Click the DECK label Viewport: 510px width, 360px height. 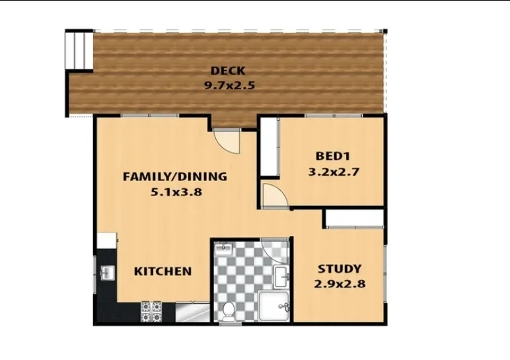(x=228, y=71)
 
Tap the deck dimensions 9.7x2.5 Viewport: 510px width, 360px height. (x=229, y=85)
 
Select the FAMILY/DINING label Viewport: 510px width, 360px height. (x=175, y=176)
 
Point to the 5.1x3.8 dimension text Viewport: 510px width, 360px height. (x=176, y=192)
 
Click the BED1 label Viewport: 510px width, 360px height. (x=333, y=156)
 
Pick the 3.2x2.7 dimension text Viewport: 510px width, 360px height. (x=334, y=171)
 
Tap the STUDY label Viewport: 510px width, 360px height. (x=340, y=269)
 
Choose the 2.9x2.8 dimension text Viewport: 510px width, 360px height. (x=340, y=284)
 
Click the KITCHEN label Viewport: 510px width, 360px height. (x=163, y=271)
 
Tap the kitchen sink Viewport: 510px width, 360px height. (x=107, y=273)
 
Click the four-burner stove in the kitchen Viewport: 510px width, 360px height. (x=151, y=312)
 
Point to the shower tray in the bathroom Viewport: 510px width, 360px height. (x=273, y=306)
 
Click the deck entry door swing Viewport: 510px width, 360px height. (x=227, y=141)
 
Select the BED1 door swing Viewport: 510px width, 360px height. (x=275, y=195)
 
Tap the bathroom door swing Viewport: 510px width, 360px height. (x=275, y=250)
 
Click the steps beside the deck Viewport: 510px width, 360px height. (x=80, y=50)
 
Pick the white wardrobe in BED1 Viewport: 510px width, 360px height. (x=270, y=147)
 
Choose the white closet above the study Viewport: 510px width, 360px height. (x=355, y=219)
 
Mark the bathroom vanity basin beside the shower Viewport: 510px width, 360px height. (x=282, y=277)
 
